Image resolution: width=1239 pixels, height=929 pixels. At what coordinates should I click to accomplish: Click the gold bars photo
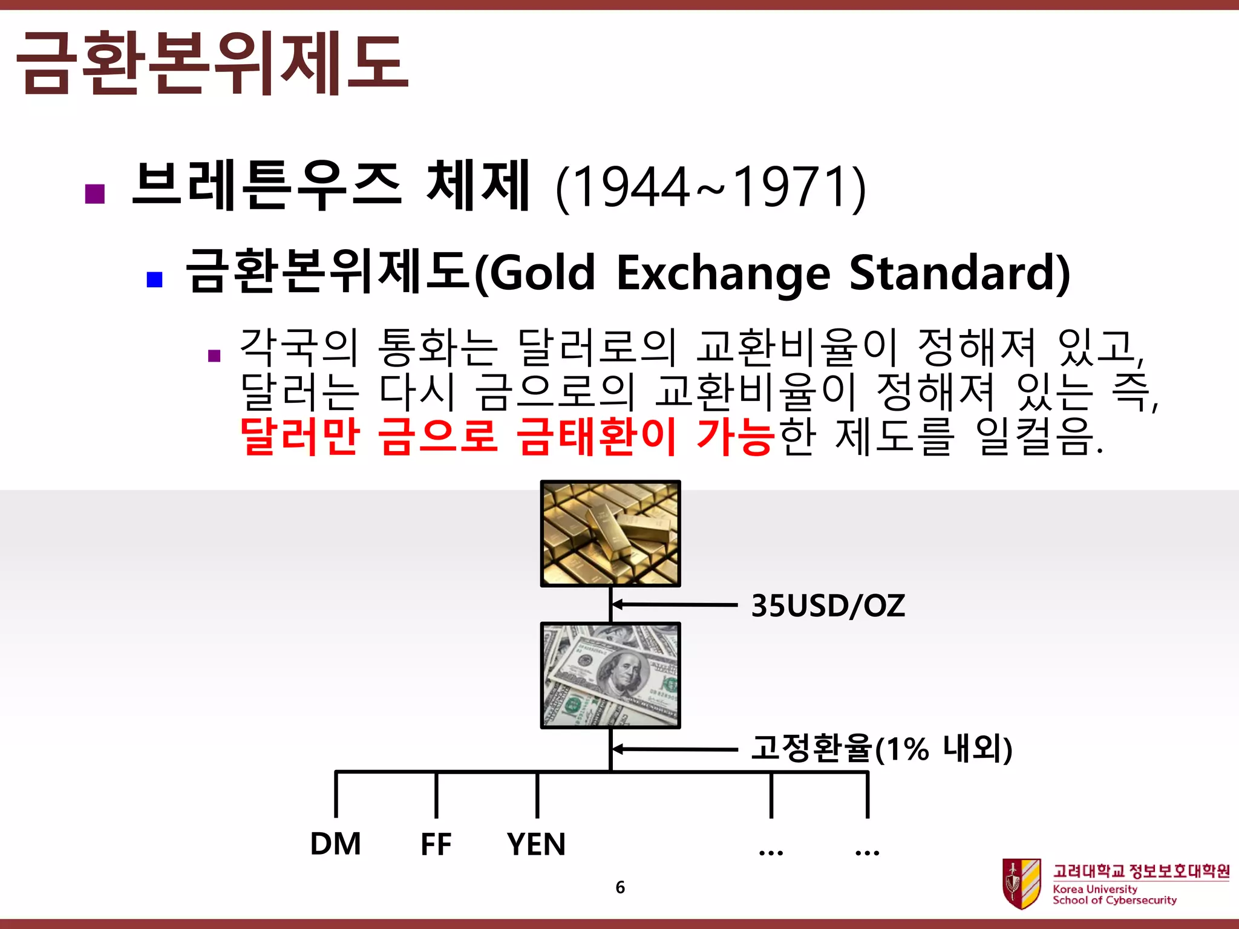(610, 533)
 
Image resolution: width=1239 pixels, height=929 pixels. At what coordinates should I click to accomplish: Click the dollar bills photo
(610, 675)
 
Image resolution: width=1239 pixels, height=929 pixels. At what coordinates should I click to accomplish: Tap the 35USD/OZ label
(828, 605)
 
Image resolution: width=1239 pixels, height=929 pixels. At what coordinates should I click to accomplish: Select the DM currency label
(335, 844)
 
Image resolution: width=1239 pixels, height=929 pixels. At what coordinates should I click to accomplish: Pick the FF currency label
(436, 844)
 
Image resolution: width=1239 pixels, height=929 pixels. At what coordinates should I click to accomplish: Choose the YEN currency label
(536, 844)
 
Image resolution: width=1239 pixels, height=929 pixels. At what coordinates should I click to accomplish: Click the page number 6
(620, 887)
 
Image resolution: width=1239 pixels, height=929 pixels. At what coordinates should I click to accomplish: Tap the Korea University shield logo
(1021, 884)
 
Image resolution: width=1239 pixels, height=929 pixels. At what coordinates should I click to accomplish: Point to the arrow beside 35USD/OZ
(672, 604)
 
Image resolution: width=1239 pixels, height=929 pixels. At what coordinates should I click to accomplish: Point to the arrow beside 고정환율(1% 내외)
(672, 749)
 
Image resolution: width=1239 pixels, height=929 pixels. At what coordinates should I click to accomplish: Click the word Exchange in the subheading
(723, 273)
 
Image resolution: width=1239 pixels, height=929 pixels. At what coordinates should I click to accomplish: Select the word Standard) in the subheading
(959, 273)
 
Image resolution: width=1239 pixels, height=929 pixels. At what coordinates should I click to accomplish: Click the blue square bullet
(155, 279)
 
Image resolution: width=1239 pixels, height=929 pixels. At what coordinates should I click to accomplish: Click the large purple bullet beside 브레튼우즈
(96, 194)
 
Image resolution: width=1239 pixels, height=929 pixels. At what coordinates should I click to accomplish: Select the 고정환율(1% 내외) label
(881, 748)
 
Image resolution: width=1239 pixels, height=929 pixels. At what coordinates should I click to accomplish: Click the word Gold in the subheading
(541, 273)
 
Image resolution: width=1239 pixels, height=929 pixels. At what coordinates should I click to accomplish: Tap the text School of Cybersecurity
(1114, 900)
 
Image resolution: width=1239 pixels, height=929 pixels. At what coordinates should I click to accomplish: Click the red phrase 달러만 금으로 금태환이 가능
(507, 435)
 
